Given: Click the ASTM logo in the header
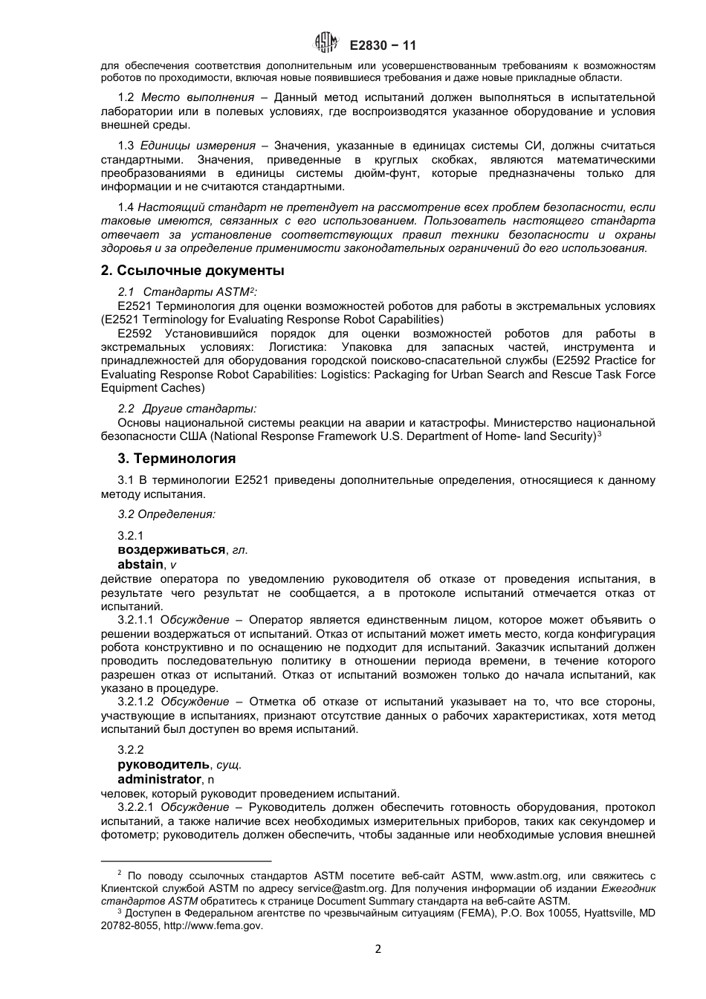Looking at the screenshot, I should (x=326, y=44).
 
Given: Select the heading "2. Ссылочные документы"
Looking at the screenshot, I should (x=192, y=271).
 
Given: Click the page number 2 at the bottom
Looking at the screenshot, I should (x=378, y=949).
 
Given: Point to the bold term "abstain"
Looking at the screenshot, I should (x=140, y=564).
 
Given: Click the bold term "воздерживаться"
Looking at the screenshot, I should (x=172, y=549).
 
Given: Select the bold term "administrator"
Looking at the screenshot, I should (x=159, y=779).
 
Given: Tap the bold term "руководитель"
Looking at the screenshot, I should (x=164, y=764).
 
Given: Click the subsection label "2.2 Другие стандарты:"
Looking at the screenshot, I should (x=187, y=409).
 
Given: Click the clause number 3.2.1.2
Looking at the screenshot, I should (x=136, y=702).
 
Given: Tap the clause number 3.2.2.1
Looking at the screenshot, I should (x=136, y=807).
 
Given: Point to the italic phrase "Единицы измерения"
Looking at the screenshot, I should (x=198, y=146).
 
